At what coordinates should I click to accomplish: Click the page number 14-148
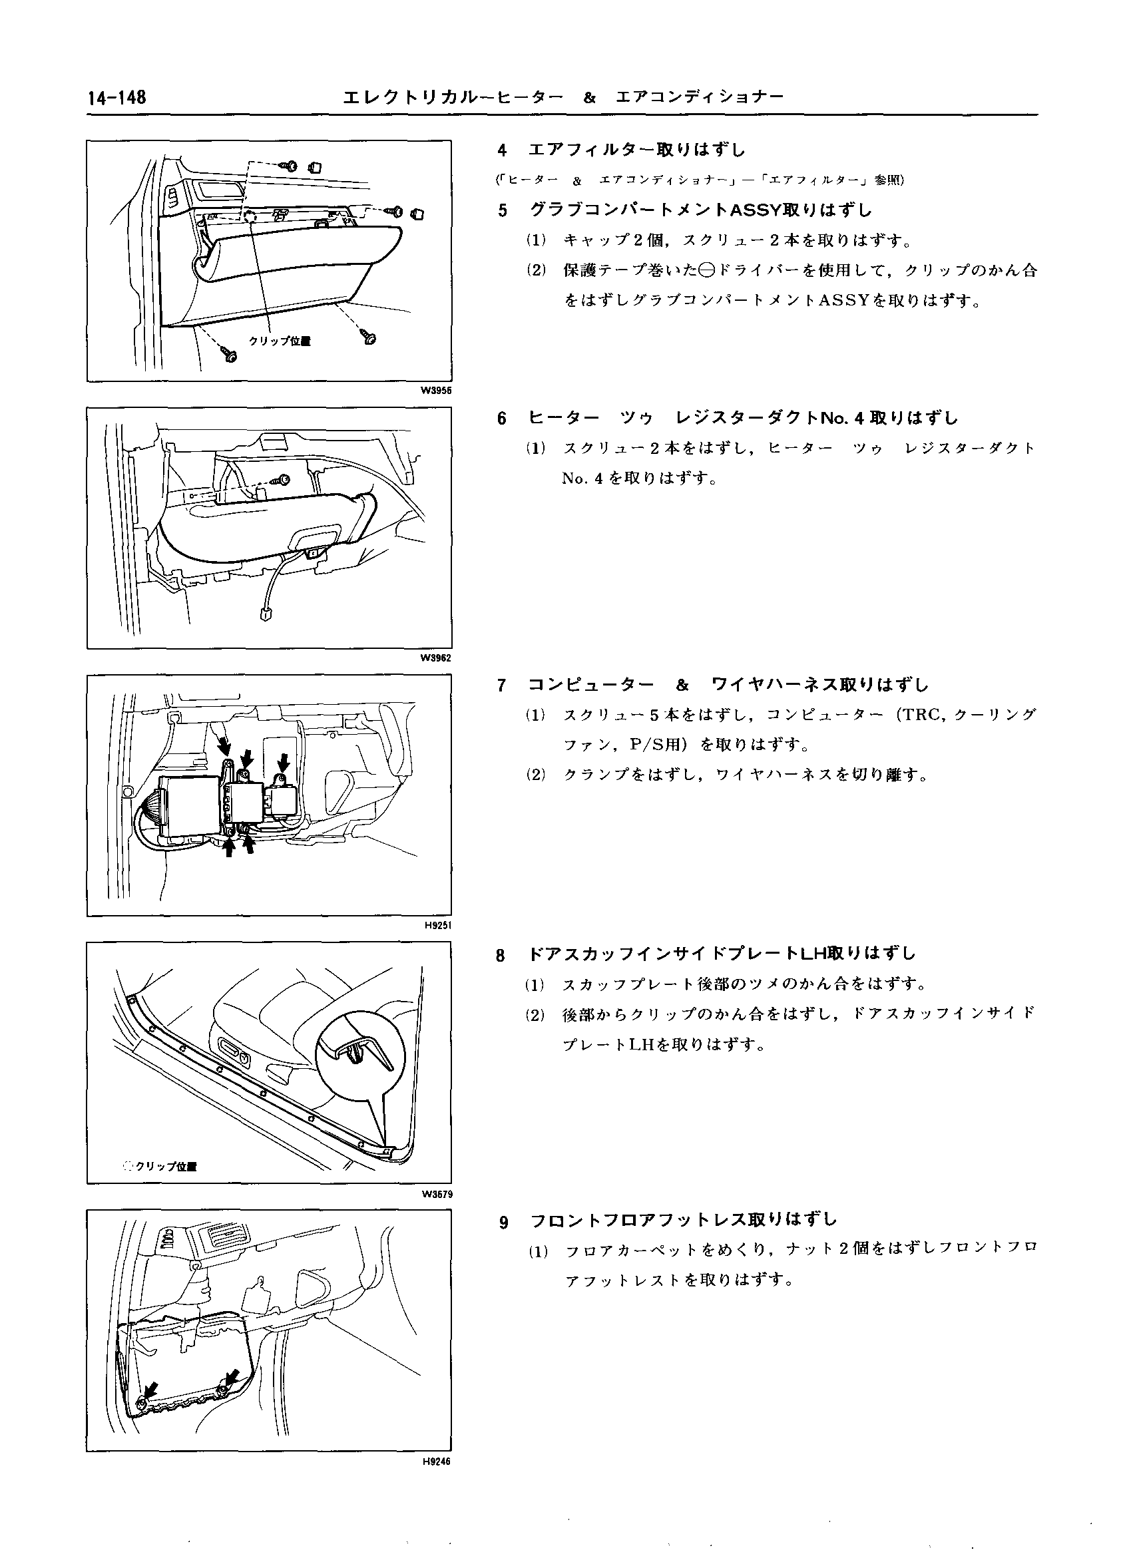[x=116, y=98]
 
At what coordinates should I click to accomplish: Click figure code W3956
[x=436, y=390]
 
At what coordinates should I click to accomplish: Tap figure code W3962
[x=436, y=658]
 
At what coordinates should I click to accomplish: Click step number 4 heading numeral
[x=502, y=150]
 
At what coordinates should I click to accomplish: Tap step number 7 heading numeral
[x=502, y=685]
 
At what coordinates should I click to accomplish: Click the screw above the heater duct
[x=282, y=479]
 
